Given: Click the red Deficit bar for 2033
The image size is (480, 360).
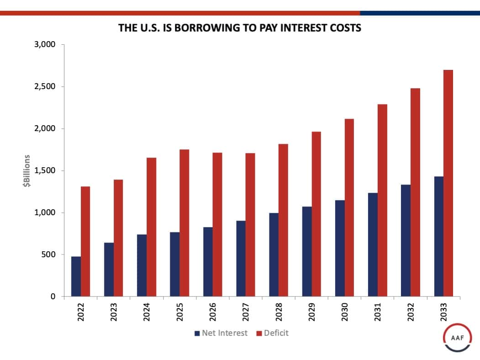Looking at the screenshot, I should click(448, 183).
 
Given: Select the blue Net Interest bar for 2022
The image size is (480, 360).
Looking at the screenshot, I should click(76, 276).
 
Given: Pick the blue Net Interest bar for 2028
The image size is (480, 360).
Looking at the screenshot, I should click(274, 254).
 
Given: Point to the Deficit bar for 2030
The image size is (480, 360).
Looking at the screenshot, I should click(349, 207).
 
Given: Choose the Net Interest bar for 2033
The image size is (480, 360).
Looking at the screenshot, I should click(438, 236).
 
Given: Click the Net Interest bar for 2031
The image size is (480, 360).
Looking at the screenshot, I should click(373, 244).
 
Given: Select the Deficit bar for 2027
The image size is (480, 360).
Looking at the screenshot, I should click(250, 225).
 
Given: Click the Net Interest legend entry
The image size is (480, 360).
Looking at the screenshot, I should click(221, 333).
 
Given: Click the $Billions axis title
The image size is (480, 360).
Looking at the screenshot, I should click(27, 170).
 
